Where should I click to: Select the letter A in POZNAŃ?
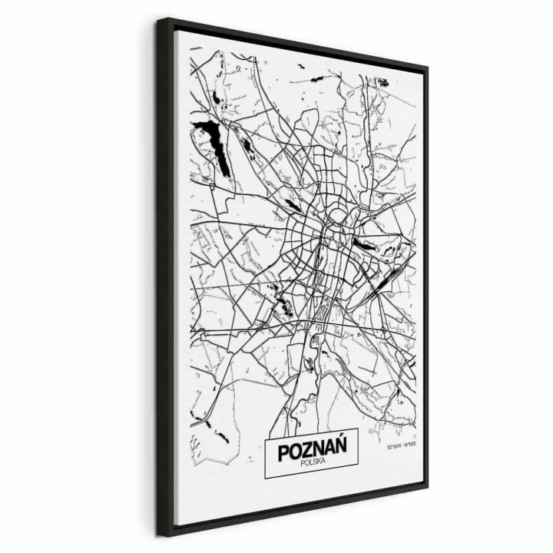tap(323, 446)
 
